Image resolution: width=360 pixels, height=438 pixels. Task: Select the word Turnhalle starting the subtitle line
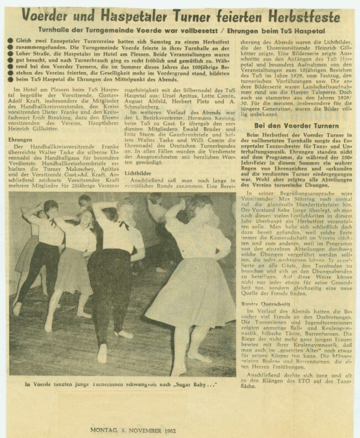pyautogui.click(x=88, y=29)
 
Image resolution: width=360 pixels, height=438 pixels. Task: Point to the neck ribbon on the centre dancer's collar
pyautogui.click(x=123, y=225)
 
